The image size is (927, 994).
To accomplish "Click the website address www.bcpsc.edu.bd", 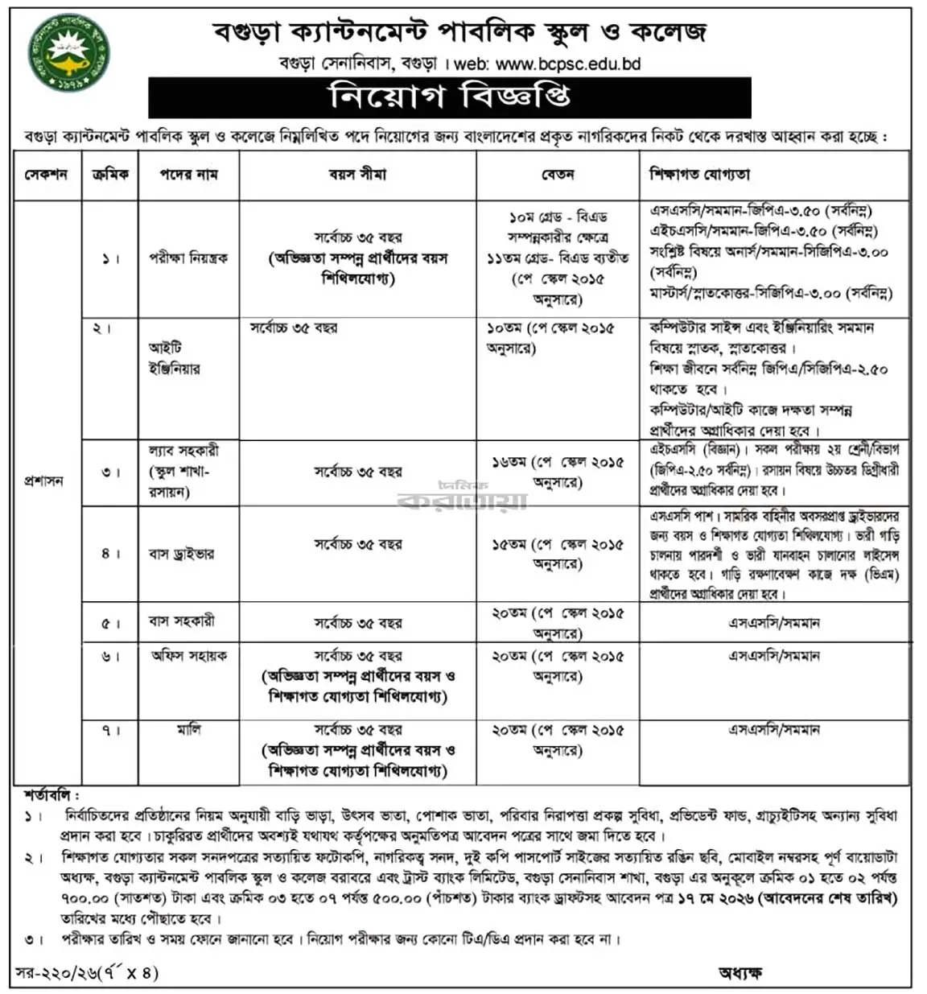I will (x=568, y=64).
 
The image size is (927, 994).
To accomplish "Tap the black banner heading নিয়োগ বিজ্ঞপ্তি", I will (x=449, y=97).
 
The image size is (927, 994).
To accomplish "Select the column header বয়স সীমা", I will (x=357, y=174).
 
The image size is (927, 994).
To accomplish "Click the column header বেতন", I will (x=557, y=174).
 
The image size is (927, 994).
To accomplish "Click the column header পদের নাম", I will (x=188, y=174).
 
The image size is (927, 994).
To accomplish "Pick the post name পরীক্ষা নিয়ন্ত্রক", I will (x=188, y=258).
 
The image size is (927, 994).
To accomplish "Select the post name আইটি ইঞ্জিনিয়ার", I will (x=174, y=358).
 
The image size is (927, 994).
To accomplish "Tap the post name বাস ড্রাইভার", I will (x=182, y=554).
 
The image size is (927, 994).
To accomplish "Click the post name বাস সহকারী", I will (x=182, y=622).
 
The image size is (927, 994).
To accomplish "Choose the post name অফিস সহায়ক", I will (x=189, y=656).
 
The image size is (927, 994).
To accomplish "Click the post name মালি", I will (x=189, y=729).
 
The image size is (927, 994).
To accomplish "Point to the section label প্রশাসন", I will (x=43, y=481).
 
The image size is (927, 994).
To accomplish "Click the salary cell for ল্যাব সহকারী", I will (x=557, y=472).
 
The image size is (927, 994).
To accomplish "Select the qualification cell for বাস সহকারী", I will (x=773, y=623).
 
